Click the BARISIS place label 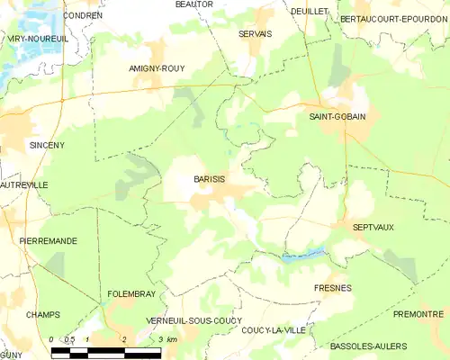[x=209, y=179]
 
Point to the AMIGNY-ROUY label [x=157, y=67]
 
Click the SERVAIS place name [x=255, y=33]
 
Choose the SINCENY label [x=47, y=144]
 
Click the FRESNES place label [x=333, y=288]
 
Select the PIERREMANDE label [x=49, y=241]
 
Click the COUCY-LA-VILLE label [x=274, y=330]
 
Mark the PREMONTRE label [x=418, y=314]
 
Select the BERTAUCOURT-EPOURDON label [x=393, y=18]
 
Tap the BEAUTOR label [x=193, y=4]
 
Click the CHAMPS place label [x=43, y=314]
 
